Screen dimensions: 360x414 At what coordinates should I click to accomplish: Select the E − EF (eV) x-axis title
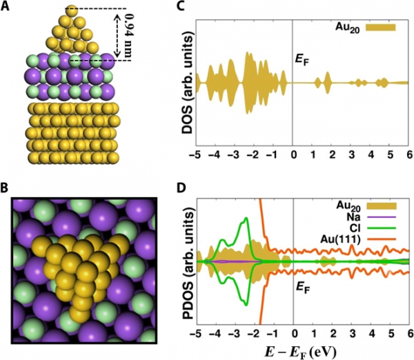click(304, 350)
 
